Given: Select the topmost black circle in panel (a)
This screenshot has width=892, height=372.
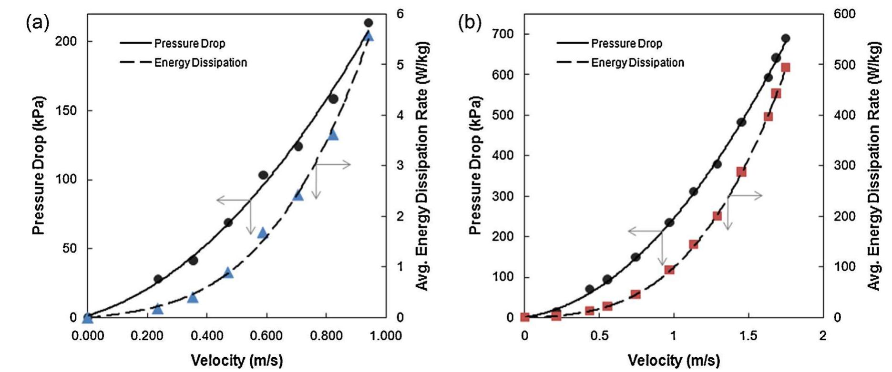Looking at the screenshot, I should [368, 23].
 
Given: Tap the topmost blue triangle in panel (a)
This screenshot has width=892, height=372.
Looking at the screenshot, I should [368, 37].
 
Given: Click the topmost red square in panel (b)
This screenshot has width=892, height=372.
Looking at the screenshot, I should [786, 67].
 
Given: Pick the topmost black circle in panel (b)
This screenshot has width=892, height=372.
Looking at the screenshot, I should [786, 39].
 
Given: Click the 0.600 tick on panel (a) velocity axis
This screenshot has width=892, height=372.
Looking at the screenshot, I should [267, 336].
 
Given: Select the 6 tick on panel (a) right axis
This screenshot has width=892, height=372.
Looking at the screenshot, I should [400, 14].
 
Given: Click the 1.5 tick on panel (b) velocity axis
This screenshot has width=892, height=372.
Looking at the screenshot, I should [748, 336].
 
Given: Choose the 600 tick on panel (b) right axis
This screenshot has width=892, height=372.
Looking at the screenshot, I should [844, 14].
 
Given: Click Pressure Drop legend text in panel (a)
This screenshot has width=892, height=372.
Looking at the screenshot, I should [189, 43].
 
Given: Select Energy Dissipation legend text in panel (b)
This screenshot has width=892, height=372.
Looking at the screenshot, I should [637, 62].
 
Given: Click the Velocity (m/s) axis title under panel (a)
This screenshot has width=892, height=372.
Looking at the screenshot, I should [237, 360].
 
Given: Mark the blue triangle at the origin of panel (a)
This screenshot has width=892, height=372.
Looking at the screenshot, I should [88, 317].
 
